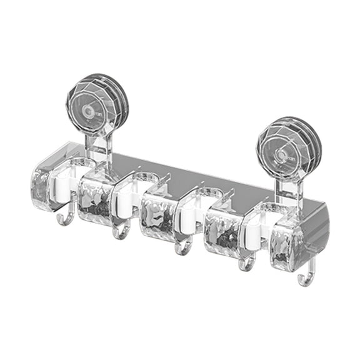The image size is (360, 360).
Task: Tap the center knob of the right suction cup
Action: click(282, 154)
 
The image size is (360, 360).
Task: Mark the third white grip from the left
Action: click(187, 216)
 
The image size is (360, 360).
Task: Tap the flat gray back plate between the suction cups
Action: click(187, 172)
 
